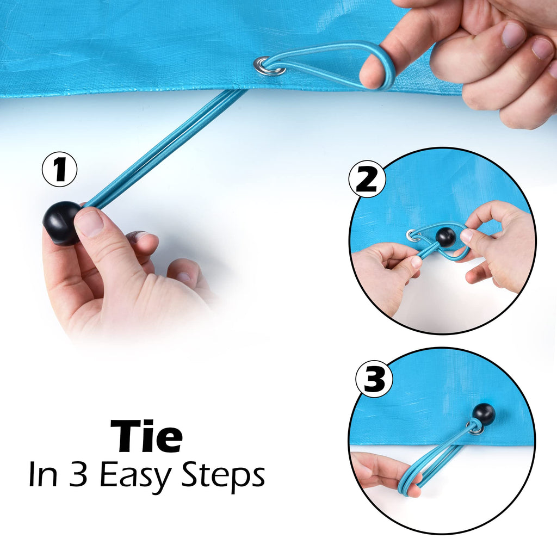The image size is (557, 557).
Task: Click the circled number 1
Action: (x=59, y=170)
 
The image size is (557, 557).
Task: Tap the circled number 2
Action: (x=367, y=180)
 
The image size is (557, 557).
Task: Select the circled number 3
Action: (x=374, y=379)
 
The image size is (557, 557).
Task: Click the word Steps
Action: (x=223, y=475)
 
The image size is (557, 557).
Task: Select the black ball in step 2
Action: (x=445, y=237)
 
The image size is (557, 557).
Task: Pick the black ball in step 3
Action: (x=483, y=413)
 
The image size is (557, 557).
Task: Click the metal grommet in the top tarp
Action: (x=269, y=67)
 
